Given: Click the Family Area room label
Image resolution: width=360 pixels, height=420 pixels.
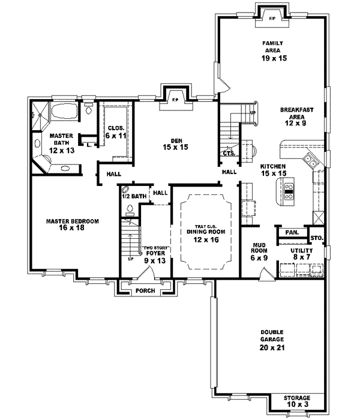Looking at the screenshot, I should pos(272,47).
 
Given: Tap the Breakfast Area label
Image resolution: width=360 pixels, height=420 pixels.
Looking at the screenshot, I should pos(294,114).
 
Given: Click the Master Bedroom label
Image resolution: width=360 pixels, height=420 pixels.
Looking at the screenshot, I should pos(73,224).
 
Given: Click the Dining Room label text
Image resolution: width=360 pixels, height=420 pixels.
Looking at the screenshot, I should pos(202,236).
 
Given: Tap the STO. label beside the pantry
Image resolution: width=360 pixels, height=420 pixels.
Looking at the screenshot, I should pos(317,238).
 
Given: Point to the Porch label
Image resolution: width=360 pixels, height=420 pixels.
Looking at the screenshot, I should pos(145,291).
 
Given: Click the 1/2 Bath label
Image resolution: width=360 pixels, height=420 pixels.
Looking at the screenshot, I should pos(134,196).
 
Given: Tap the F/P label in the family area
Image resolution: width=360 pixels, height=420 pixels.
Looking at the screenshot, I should pos(272,19).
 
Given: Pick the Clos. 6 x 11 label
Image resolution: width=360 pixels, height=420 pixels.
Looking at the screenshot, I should pos(116,131).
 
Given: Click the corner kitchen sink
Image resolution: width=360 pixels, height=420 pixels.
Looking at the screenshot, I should pos(311,160).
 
